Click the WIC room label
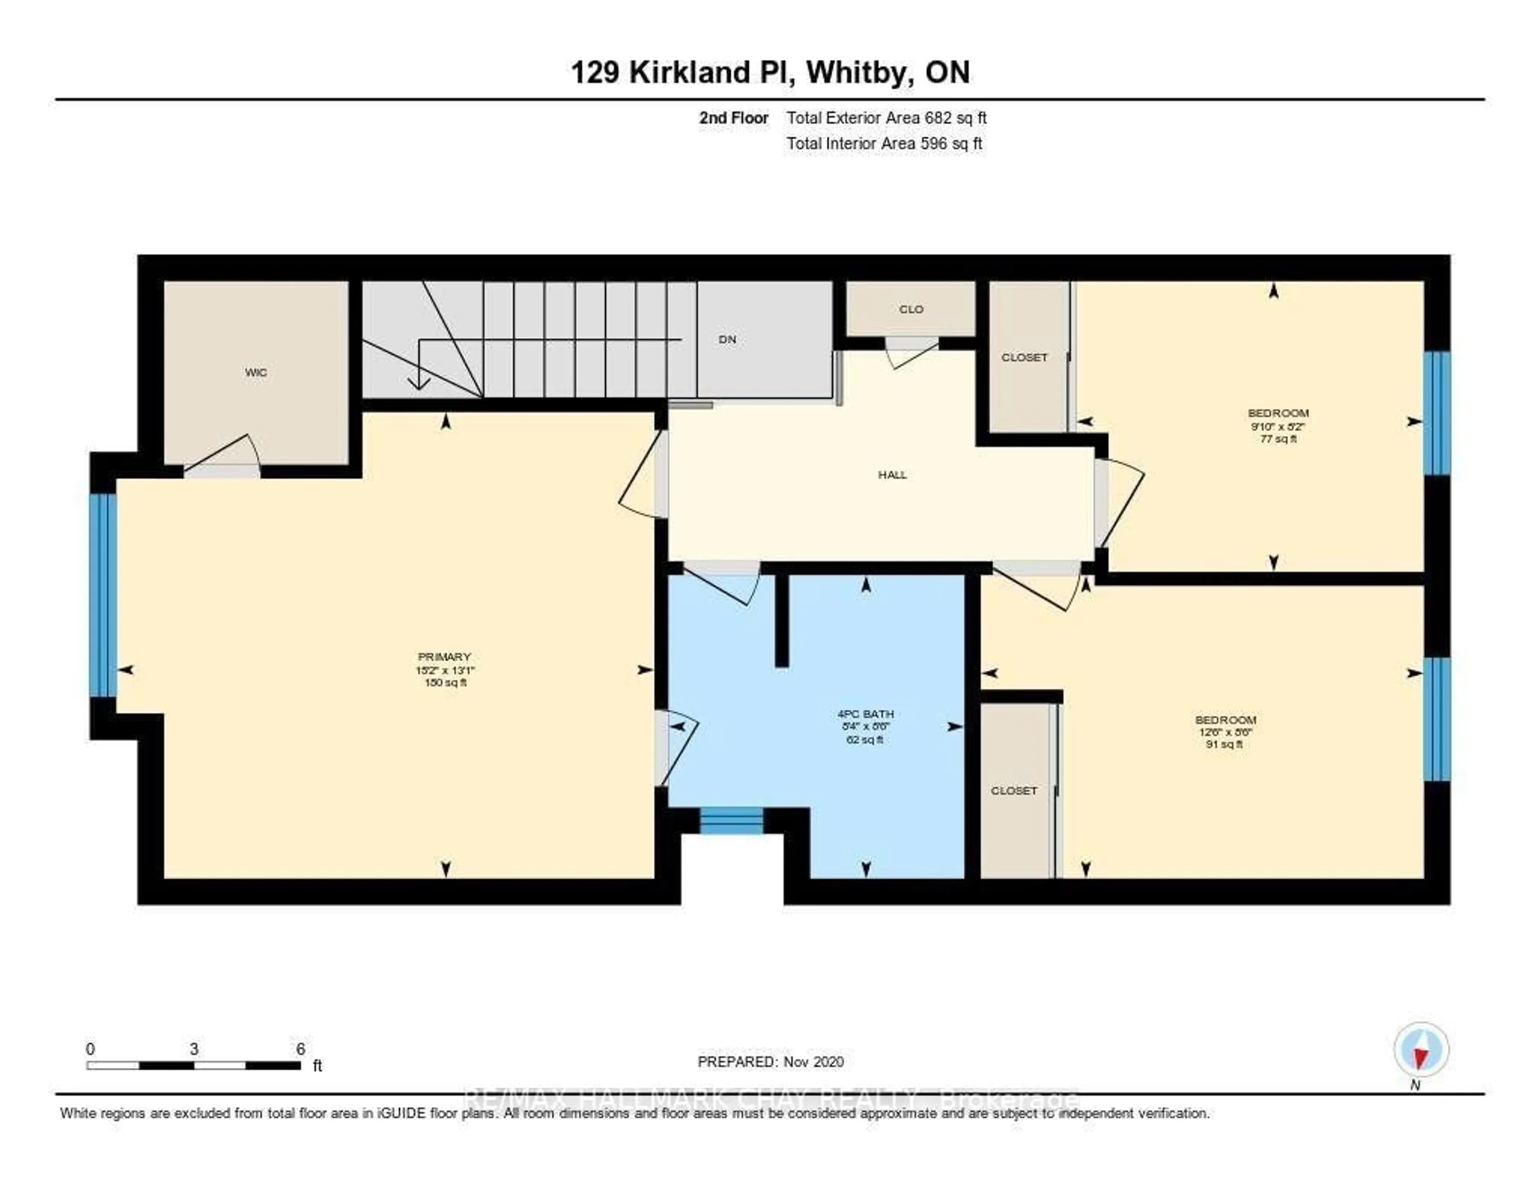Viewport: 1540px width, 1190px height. tap(256, 372)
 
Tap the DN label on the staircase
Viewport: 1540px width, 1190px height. tap(727, 339)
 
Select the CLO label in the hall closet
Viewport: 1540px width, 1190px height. tap(911, 309)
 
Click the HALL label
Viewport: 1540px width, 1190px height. tap(892, 475)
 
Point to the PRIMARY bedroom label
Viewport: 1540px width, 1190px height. tap(444, 657)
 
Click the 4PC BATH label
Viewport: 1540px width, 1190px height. tap(865, 714)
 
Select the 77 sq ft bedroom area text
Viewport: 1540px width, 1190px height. tap(1278, 439)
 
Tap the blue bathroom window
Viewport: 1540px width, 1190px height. tap(731, 820)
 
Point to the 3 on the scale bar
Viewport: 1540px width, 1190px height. tap(194, 1049)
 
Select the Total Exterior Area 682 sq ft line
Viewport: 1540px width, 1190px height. tap(886, 118)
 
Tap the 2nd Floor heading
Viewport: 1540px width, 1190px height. tap(734, 118)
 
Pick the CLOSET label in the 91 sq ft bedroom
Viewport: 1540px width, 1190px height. tap(1013, 791)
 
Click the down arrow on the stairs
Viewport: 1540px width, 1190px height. tap(419, 381)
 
